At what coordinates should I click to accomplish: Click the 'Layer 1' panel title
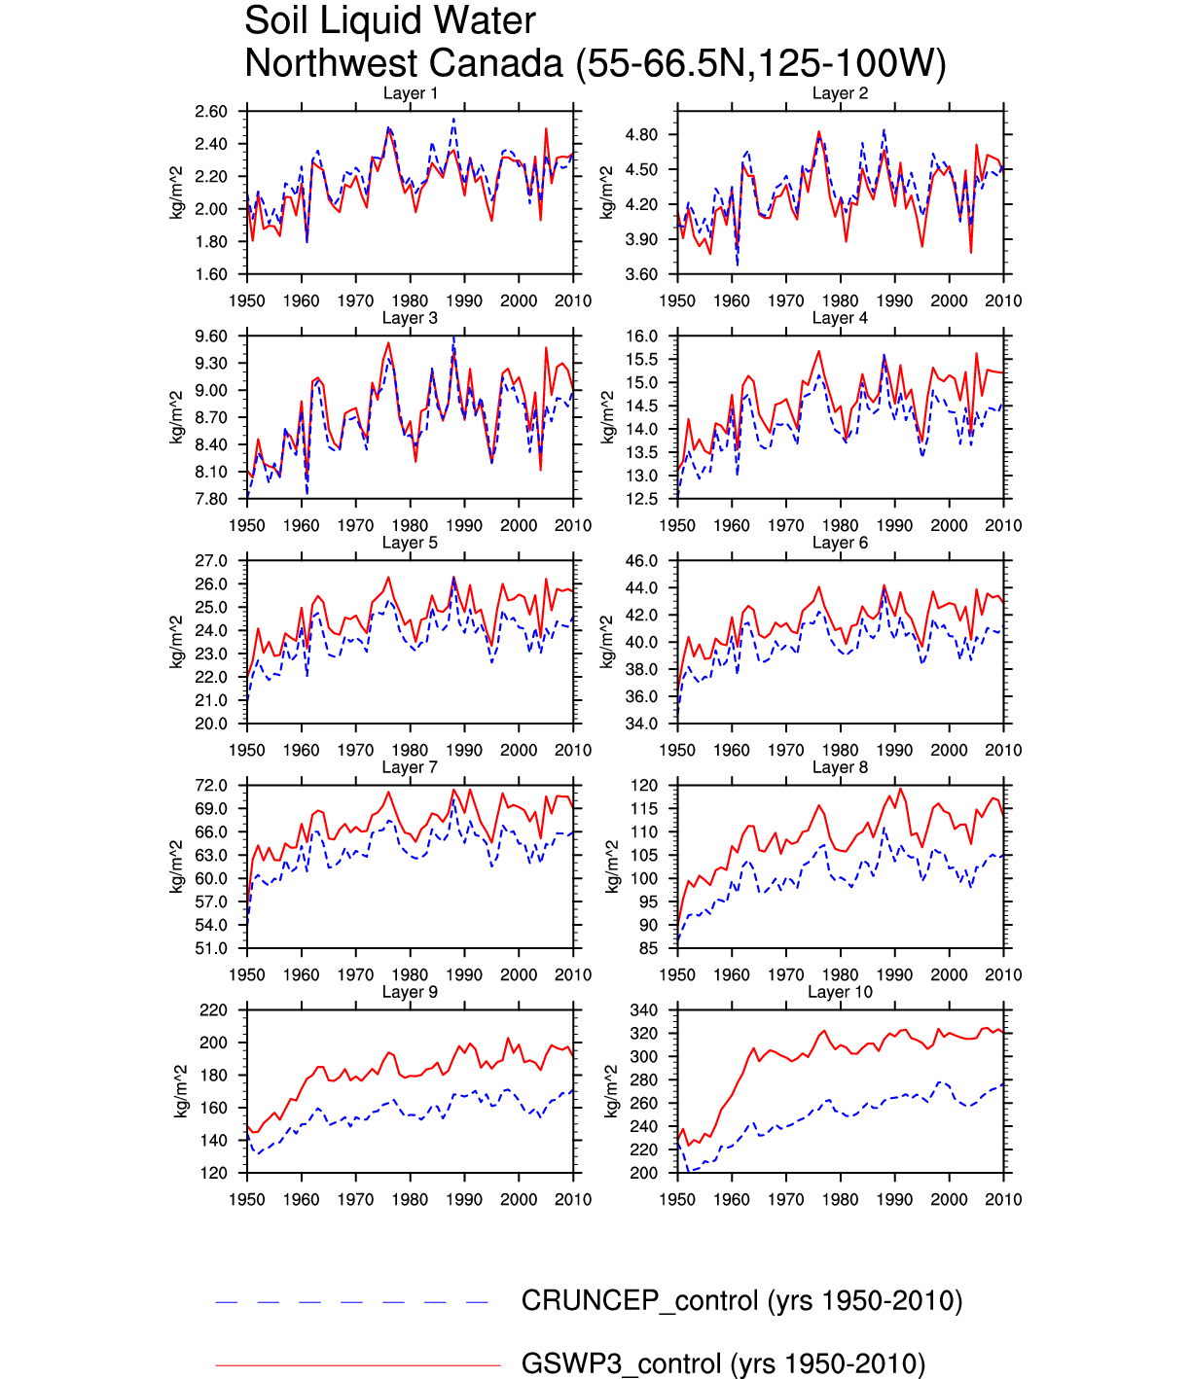point(410,93)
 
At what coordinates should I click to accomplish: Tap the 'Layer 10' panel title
point(840,992)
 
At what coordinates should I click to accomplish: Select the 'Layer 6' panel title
point(840,543)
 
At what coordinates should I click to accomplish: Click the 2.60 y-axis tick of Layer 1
point(211,112)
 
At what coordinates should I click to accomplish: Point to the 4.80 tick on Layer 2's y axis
point(642,135)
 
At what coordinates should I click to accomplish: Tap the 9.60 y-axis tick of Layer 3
point(211,336)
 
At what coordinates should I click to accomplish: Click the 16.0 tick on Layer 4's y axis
point(642,336)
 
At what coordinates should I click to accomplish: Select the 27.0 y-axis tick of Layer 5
point(211,561)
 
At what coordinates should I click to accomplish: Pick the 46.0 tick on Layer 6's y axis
point(642,561)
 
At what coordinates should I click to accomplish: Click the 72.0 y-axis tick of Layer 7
point(211,786)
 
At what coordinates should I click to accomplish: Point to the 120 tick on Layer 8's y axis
point(645,786)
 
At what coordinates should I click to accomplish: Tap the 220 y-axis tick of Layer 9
point(214,1010)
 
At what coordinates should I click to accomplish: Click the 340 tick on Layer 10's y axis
point(645,1010)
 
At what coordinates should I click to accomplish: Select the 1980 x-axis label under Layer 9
point(410,1200)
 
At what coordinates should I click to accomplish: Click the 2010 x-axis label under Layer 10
point(1003,1200)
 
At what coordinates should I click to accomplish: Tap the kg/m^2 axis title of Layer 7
point(177,866)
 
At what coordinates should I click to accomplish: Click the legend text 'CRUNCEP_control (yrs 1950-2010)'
point(741,1301)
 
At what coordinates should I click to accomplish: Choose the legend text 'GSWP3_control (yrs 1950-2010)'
point(723,1363)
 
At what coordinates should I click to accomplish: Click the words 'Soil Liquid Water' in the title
point(389,20)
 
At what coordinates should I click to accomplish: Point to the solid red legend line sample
point(358,1365)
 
